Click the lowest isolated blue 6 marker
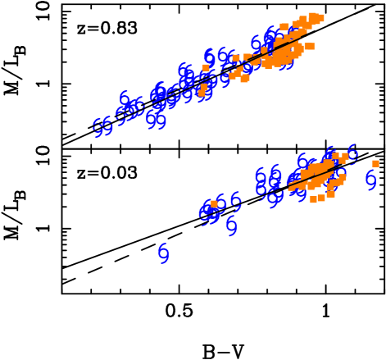[163, 253]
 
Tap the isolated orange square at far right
[375, 163]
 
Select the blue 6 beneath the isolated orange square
[370, 179]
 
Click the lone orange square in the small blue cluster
[214, 203]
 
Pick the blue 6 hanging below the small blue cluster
[231, 225]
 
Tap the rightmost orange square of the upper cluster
[320, 18]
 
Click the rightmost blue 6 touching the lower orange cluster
[352, 153]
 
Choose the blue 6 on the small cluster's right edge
[235, 201]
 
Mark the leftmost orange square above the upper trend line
[206, 67]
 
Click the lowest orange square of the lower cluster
[313, 199]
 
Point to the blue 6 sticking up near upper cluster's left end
[124, 98]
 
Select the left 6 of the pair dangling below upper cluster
[151, 120]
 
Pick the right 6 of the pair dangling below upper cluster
[161, 121]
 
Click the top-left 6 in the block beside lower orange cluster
[261, 175]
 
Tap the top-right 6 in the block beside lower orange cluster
[275, 173]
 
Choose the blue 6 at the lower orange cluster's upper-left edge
[302, 161]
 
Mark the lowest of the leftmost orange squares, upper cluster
[202, 93]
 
